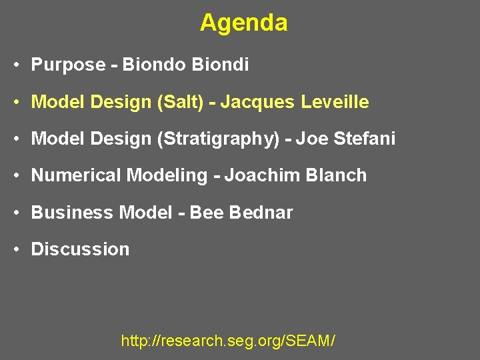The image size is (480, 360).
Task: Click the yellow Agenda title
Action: tap(243, 23)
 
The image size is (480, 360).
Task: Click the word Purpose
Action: tap(68, 65)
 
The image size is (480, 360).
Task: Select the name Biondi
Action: tap(220, 65)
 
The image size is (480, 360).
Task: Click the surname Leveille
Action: tap(335, 102)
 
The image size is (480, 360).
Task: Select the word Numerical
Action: tap(76, 175)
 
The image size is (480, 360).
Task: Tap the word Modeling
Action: tap(167, 175)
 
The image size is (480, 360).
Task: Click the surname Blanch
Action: tap(336, 175)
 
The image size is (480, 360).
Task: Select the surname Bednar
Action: tap(261, 212)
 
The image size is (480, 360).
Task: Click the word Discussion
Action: tap(80, 249)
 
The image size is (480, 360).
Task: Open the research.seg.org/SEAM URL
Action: tap(228, 341)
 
